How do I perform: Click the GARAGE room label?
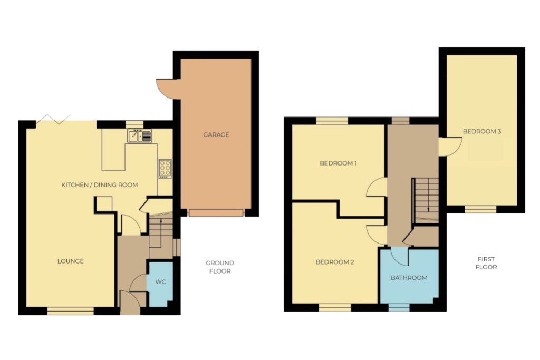(x=216, y=134)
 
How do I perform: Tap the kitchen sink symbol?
(x=139, y=135)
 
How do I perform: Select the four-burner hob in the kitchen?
(x=165, y=169)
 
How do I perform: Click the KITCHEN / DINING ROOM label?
(x=100, y=185)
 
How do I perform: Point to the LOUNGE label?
(x=71, y=261)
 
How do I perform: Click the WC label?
(x=160, y=282)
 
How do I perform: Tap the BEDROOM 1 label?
(x=338, y=163)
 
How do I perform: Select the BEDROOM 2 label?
(x=335, y=262)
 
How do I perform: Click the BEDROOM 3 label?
(x=482, y=131)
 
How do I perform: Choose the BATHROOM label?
(x=409, y=278)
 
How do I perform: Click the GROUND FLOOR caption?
(x=220, y=267)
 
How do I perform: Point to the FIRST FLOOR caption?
(x=486, y=263)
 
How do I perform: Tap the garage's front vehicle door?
(x=216, y=213)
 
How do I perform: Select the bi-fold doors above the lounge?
(x=53, y=119)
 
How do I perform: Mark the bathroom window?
(x=399, y=308)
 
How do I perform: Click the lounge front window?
(x=71, y=311)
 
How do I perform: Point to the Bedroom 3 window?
(x=481, y=209)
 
